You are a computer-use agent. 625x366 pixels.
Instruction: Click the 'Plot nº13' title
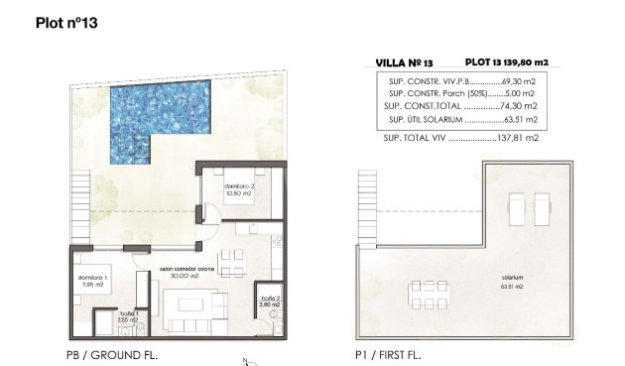(x=67, y=21)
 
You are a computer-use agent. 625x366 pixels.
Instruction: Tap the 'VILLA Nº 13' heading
(x=406, y=61)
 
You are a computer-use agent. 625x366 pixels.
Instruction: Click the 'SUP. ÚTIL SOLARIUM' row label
(x=422, y=118)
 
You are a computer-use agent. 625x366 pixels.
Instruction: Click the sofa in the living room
(x=187, y=324)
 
